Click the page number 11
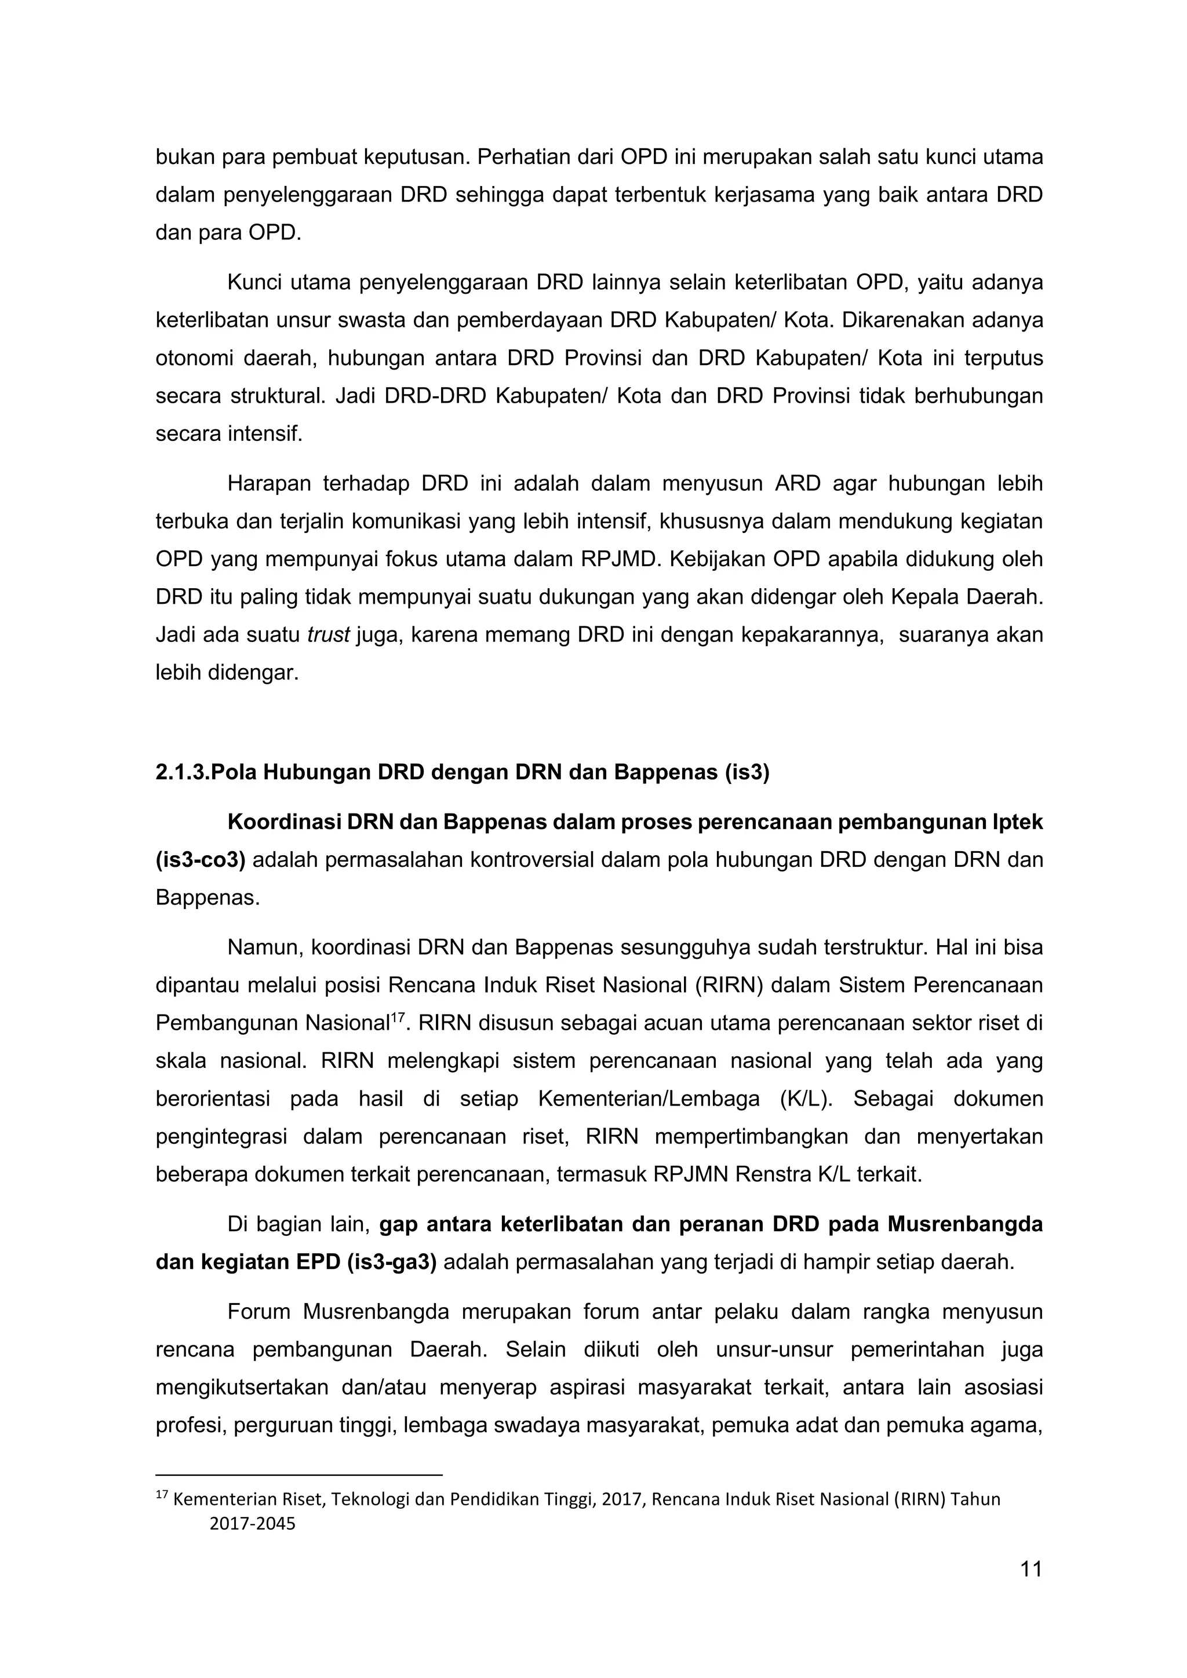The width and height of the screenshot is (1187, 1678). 1031,1569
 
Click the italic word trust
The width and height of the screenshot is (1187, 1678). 328,635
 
